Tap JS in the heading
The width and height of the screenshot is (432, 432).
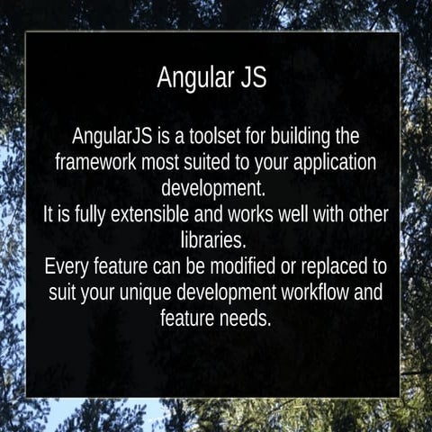(251, 77)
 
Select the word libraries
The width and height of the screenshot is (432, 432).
(215, 241)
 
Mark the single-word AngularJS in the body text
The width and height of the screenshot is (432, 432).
(112, 138)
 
